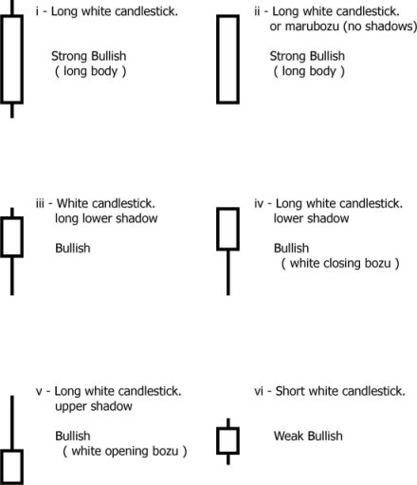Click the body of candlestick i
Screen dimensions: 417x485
[2, 59]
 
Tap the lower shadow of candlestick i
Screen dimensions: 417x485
[12, 111]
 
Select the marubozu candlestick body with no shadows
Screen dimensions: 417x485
[218, 59]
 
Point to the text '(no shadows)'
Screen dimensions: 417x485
[380, 27]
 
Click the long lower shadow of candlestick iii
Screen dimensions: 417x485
[12, 276]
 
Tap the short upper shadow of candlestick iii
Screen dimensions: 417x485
[12, 213]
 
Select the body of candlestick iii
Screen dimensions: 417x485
[2, 237]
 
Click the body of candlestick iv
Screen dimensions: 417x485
[218, 229]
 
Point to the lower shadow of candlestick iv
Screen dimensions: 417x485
[228, 272]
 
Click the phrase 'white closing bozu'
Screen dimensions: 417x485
[340, 263]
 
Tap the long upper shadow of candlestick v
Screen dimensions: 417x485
[12, 422]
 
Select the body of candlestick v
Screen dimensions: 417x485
[2, 467]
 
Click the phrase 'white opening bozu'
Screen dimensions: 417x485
[125, 451]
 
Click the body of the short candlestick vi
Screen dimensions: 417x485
[218, 441]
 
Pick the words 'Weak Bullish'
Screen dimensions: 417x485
[308, 436]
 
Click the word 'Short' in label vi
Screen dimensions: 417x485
[290, 391]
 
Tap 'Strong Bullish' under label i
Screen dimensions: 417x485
[89, 56]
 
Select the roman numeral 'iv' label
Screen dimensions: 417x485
[259, 203]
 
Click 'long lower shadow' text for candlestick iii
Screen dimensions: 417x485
[106, 218]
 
